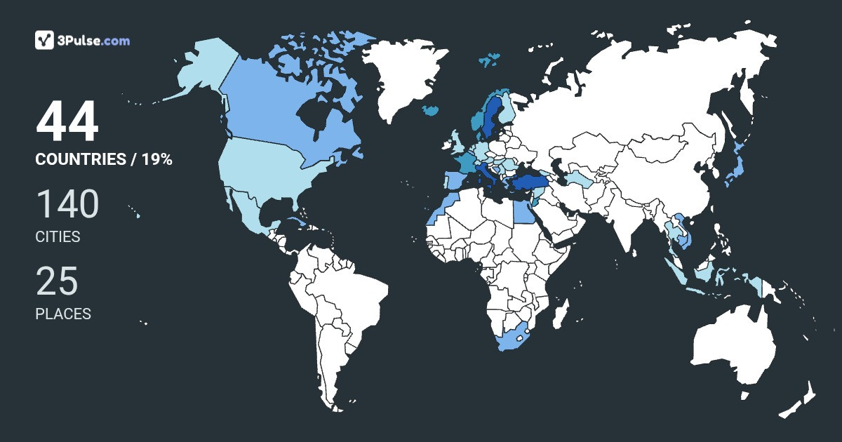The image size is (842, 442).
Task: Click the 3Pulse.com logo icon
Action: [x=44, y=40]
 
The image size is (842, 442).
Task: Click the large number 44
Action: [x=67, y=123]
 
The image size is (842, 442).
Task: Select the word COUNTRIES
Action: [x=80, y=159]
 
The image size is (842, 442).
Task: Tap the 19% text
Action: [x=157, y=159]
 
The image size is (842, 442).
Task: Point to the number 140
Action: [x=67, y=204]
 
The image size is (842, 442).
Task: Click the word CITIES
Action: [x=58, y=237]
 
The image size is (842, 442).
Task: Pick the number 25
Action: [x=57, y=281]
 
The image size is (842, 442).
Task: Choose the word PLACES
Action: [x=63, y=314]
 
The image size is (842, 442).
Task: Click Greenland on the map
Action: [x=407, y=77]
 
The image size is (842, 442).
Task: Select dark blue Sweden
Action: [x=491, y=116]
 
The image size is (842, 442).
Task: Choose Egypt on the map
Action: [x=522, y=211]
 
